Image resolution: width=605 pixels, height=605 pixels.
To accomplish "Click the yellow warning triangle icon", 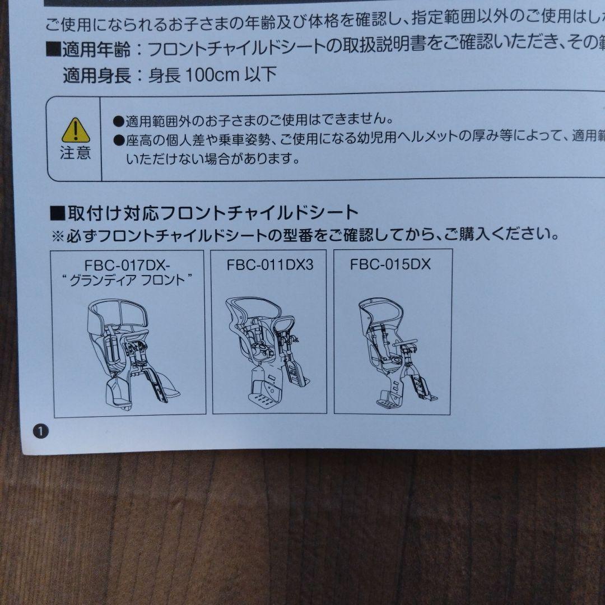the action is point(76,131).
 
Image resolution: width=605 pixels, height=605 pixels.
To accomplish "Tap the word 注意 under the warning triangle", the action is point(75,153).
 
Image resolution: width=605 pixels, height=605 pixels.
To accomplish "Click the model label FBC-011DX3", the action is point(270,264).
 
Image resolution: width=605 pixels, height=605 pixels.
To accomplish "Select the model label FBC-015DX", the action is point(390,264).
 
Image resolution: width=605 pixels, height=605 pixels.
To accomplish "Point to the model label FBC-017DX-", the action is point(127,266).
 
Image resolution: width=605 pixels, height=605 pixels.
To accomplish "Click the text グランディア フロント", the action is point(127,280).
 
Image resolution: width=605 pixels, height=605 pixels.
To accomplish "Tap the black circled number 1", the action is point(41,431).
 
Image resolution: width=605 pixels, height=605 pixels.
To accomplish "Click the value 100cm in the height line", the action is point(213,75).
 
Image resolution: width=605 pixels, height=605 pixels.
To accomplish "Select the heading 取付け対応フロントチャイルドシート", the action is point(213,213).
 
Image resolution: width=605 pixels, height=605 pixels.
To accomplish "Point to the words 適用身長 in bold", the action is point(97,75).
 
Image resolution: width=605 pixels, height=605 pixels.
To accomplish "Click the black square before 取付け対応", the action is point(58,213).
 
